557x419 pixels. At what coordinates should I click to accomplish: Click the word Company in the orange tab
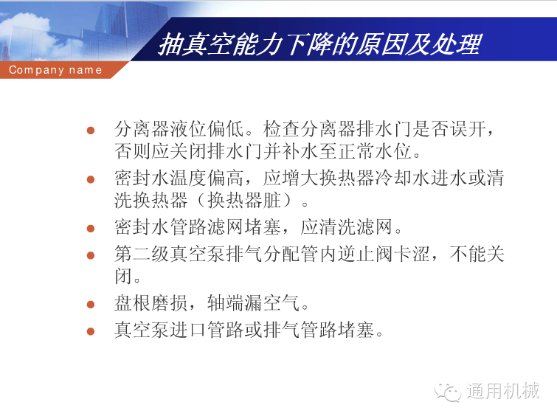pyautogui.click(x=36, y=70)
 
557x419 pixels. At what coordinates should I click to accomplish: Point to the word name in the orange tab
pyautogui.click(x=86, y=70)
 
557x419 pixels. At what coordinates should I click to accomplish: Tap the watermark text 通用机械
pyautogui.click(x=503, y=390)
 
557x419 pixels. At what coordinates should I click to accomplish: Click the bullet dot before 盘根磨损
pyautogui.click(x=91, y=305)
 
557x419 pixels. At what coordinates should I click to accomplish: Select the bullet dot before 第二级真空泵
pyautogui.click(x=91, y=255)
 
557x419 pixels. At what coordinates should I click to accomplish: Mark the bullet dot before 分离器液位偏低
pyautogui.click(x=91, y=131)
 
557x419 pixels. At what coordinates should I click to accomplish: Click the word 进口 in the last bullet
pyautogui.click(x=188, y=330)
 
